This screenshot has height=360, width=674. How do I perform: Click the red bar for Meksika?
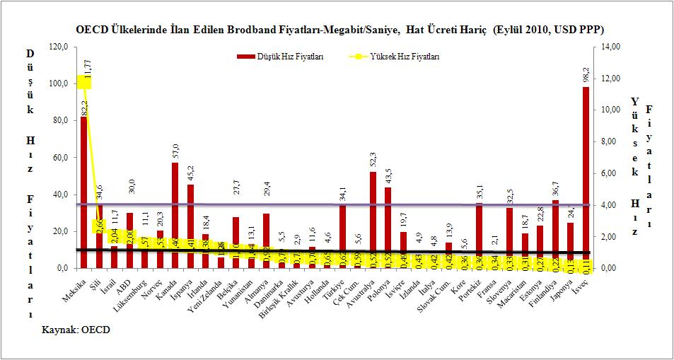(83, 191)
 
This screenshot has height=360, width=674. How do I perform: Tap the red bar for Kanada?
(175, 212)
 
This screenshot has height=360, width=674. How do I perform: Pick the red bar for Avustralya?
(373, 219)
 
